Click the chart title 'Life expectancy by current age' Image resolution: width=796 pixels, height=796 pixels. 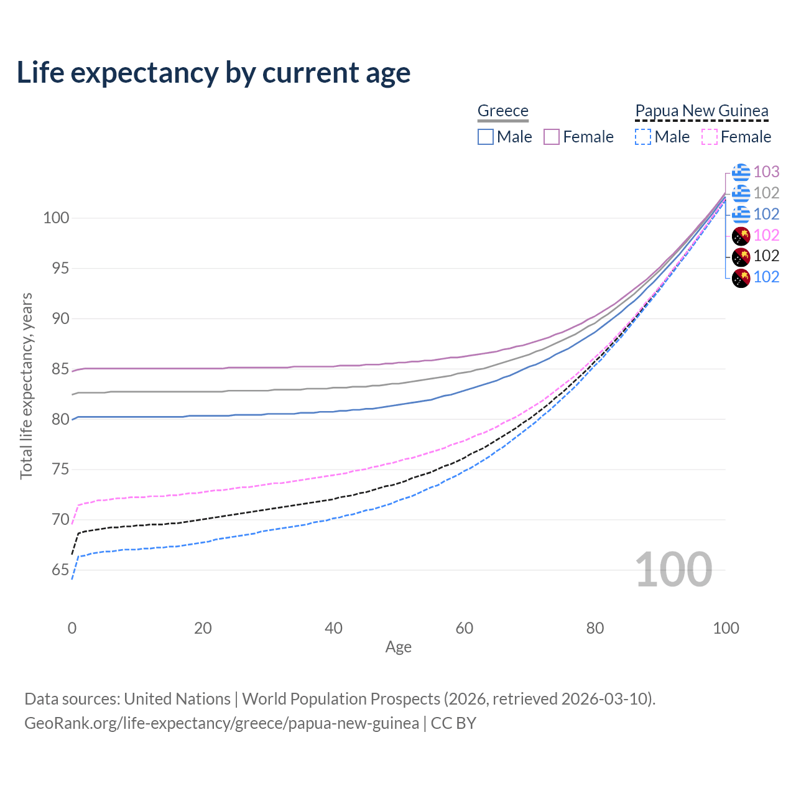coord(213,73)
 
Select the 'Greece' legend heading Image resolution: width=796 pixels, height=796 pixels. coord(502,111)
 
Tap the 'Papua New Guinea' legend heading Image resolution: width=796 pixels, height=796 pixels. coord(701,111)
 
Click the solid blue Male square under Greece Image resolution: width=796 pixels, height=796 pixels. coord(486,137)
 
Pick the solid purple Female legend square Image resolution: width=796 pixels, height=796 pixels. coord(552,137)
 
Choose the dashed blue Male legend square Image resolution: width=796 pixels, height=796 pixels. coord(643,137)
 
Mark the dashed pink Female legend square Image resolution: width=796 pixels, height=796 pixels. coord(710,137)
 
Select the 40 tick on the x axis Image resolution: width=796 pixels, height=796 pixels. coord(333,628)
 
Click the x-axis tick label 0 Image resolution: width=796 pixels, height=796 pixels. coord(72,628)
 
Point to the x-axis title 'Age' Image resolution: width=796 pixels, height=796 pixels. coord(398,647)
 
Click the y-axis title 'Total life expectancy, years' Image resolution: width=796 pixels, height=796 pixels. coord(26,386)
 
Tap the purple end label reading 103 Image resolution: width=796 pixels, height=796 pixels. coord(766,172)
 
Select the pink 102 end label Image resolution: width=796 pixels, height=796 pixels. coord(766,235)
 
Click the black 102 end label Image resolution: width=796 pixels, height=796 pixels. coord(766,256)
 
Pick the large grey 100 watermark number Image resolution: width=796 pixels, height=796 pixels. coord(673,570)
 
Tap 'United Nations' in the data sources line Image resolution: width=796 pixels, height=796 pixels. coord(177,699)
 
